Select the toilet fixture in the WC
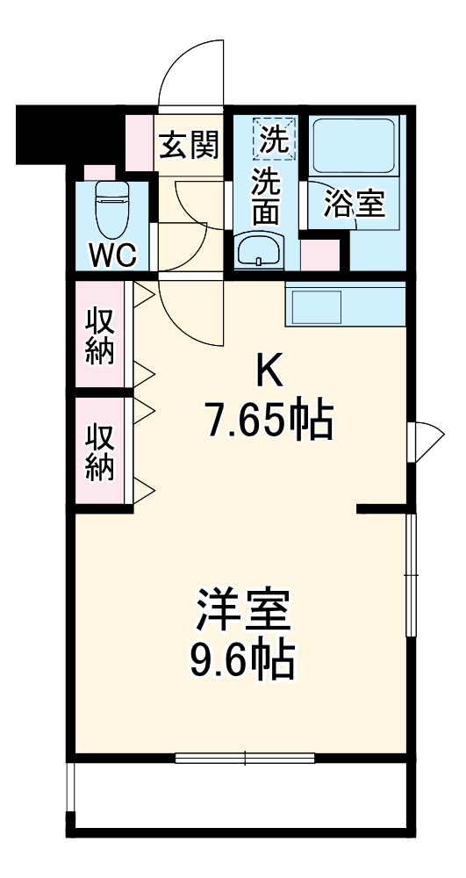[x=111, y=207]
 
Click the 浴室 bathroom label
[x=355, y=203]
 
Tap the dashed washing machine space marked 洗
[x=274, y=139]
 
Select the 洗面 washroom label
[x=267, y=198]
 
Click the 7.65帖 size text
[x=269, y=422]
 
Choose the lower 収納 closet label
[x=101, y=452]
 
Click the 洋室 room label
[x=243, y=611]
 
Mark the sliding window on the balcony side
[x=244, y=757]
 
